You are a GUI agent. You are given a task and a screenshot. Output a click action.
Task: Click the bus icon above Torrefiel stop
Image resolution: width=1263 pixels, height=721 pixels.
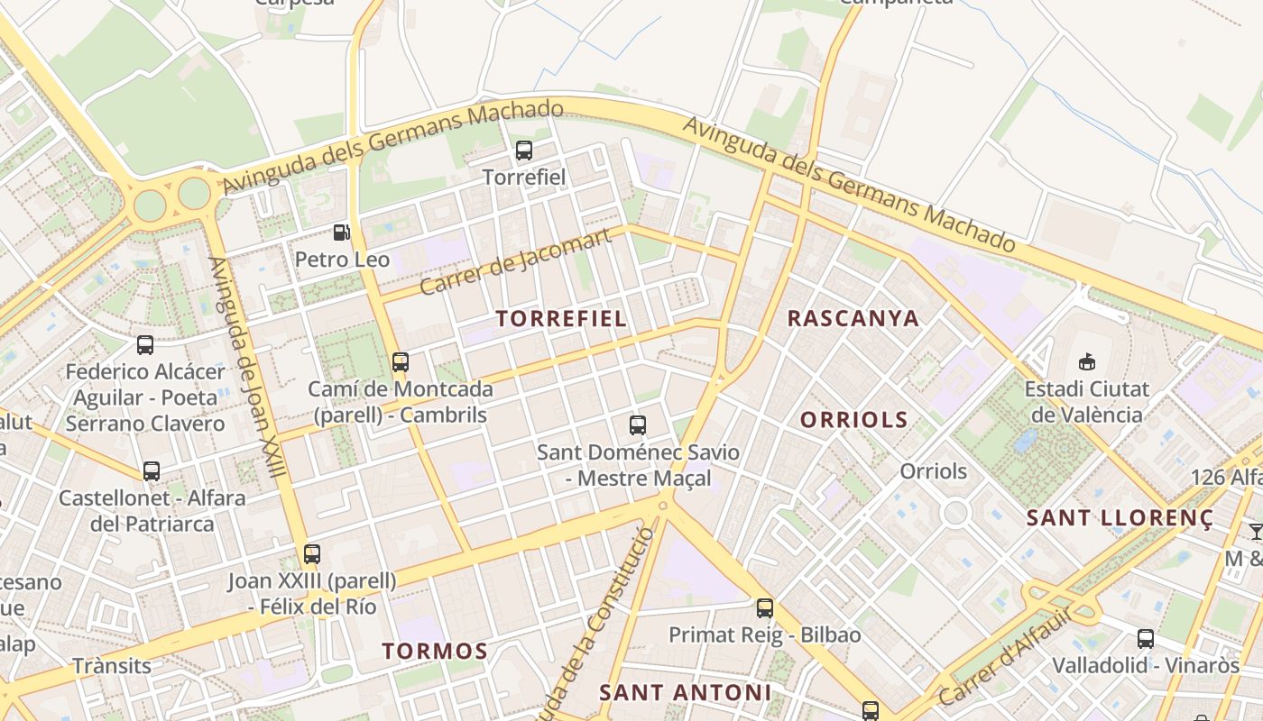click(x=523, y=151)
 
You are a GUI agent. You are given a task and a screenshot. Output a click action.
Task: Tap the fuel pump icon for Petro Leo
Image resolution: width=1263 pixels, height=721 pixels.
click(x=341, y=233)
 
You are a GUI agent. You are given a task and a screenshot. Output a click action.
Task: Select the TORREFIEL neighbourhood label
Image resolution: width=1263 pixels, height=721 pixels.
click(x=561, y=318)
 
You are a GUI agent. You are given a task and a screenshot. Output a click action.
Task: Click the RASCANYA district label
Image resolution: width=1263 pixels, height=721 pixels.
click(x=853, y=318)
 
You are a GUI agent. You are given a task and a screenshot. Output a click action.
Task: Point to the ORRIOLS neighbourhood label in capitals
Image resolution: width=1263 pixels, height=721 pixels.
click(x=853, y=420)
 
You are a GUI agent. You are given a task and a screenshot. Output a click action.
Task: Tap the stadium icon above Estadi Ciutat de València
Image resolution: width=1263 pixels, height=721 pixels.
click(x=1086, y=362)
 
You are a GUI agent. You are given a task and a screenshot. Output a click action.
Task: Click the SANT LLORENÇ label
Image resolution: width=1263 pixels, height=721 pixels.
click(x=1120, y=517)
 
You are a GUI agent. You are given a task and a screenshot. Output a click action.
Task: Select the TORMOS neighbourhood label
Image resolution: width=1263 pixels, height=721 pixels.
click(x=435, y=651)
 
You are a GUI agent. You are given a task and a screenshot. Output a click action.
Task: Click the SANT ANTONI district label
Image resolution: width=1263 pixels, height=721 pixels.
click(x=686, y=692)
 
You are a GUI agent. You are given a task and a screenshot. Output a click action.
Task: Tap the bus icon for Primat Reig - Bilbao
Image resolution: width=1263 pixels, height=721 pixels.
click(x=765, y=608)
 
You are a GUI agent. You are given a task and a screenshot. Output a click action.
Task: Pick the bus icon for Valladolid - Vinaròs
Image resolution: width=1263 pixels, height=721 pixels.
click(x=1146, y=639)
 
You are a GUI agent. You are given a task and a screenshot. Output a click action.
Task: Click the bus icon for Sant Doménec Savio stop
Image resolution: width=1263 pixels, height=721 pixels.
click(x=638, y=425)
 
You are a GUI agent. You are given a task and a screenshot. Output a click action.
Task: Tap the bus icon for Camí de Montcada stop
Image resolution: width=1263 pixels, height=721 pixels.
click(x=401, y=362)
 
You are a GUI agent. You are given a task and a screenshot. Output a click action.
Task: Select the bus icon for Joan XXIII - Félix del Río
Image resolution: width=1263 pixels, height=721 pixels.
click(x=312, y=554)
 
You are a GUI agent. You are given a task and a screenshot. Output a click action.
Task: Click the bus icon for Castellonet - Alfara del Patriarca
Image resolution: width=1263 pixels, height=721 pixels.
click(x=152, y=471)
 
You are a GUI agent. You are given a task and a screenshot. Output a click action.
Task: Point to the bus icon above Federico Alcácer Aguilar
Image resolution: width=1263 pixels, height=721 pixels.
click(x=145, y=344)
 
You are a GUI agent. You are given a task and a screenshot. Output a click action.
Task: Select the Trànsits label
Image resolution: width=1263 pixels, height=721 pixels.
click(x=112, y=666)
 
